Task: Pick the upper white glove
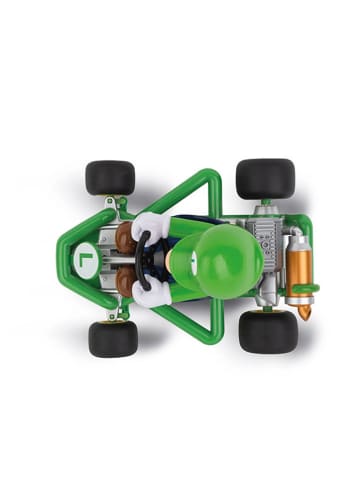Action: point(149,225)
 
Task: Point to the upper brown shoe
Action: point(126,236)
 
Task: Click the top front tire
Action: point(110,177)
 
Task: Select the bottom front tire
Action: point(112,338)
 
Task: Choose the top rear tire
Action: point(265,178)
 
